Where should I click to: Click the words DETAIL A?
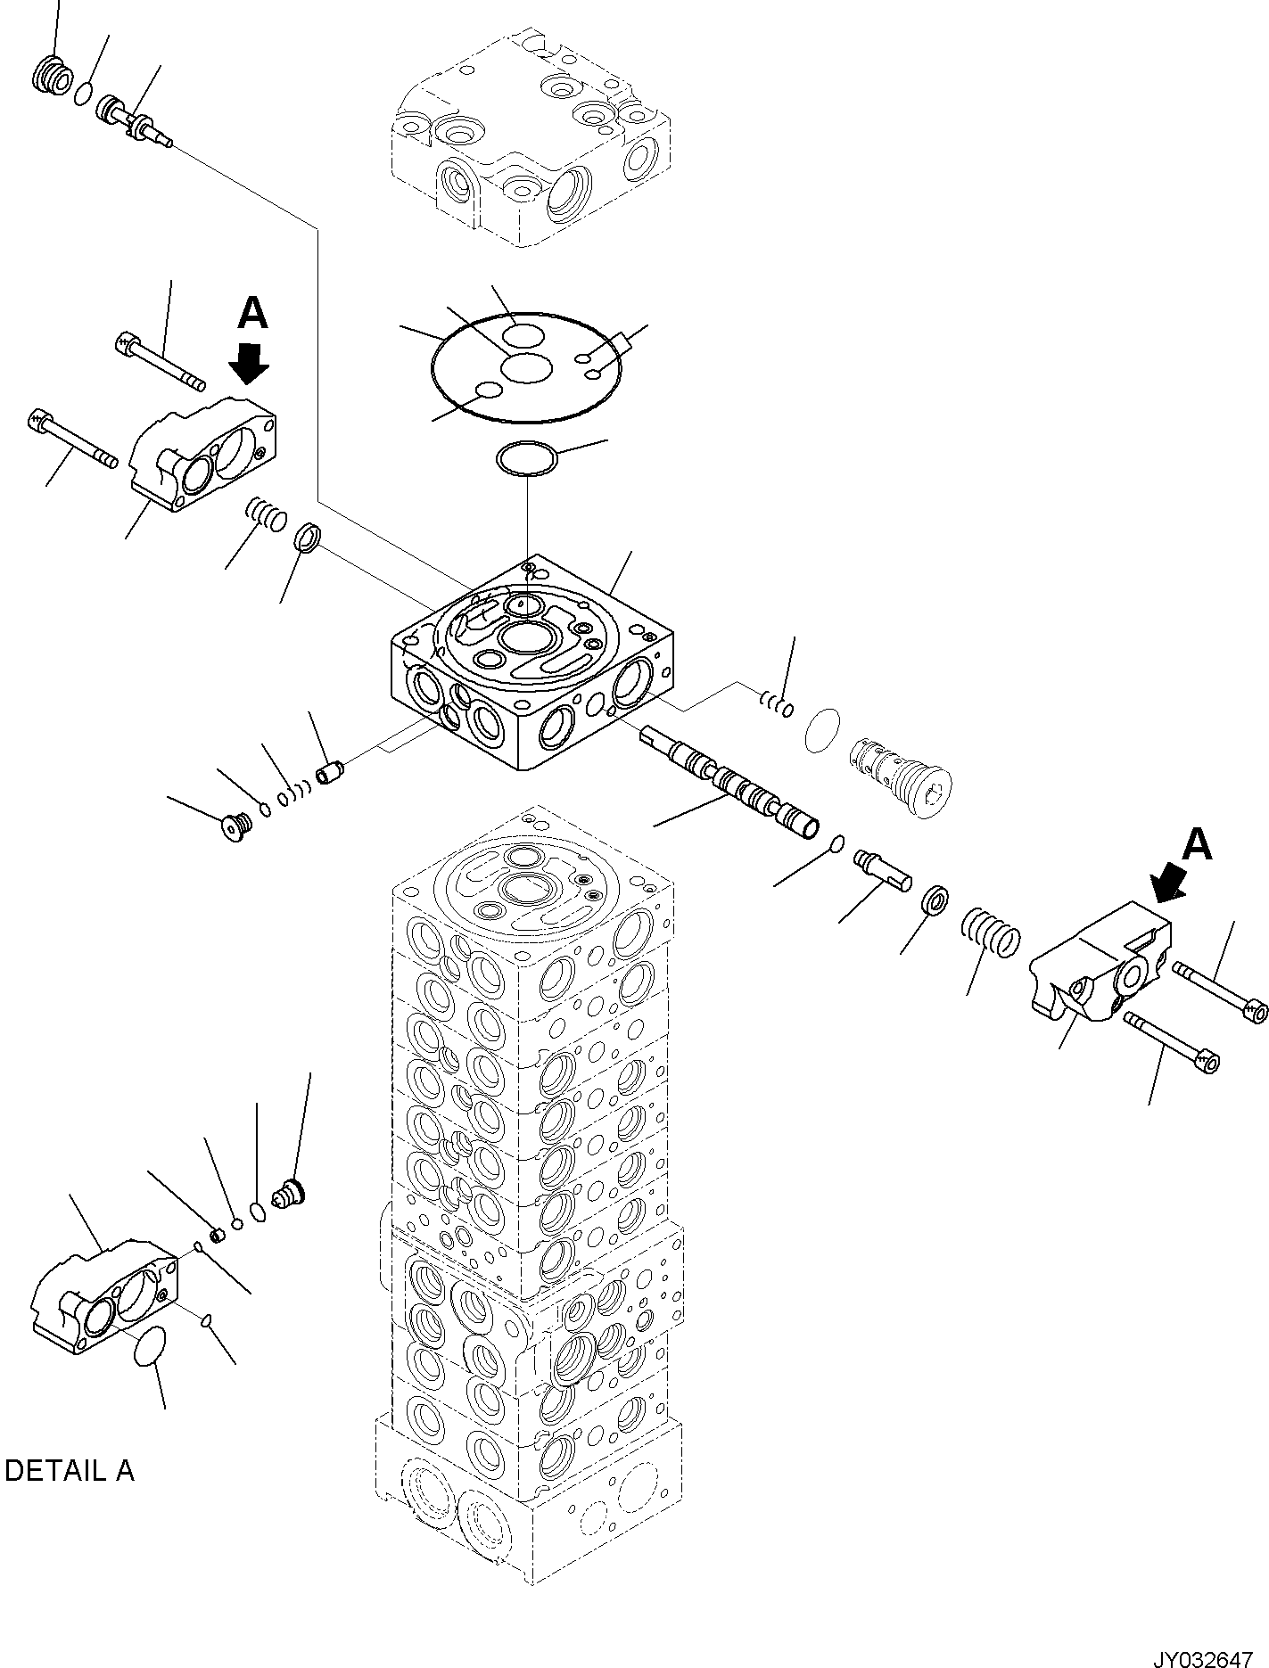click(x=70, y=1470)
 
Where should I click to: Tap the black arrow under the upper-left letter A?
click(x=250, y=362)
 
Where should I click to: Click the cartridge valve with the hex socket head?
click(x=902, y=771)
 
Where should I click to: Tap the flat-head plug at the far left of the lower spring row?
click(x=235, y=826)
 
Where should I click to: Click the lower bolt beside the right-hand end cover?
click(x=1172, y=1042)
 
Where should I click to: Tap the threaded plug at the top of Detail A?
click(x=290, y=1193)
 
